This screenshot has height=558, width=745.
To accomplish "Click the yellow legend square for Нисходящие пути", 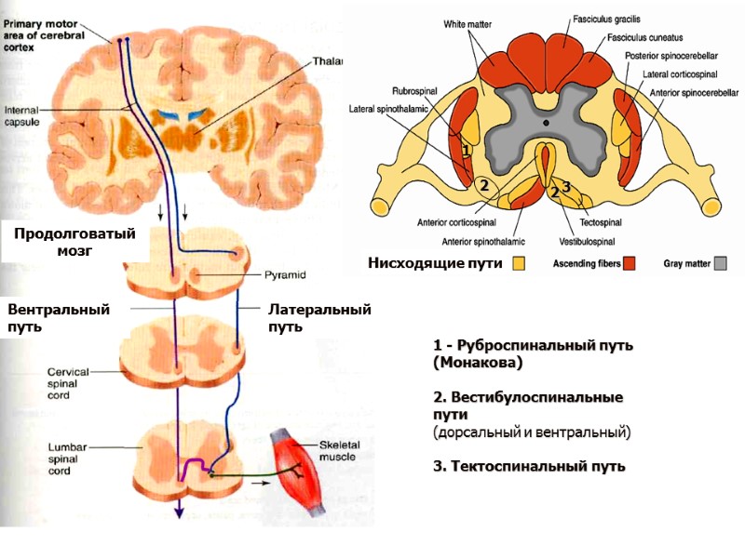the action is click(x=519, y=263).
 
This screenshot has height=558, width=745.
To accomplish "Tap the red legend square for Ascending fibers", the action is click(x=630, y=263).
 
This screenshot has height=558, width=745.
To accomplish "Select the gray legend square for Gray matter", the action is click(x=720, y=263).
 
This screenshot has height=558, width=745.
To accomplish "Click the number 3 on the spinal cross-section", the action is click(x=565, y=186).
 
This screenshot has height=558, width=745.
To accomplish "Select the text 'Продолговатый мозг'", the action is click(x=74, y=242).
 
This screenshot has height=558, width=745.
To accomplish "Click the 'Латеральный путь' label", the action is click(x=319, y=317).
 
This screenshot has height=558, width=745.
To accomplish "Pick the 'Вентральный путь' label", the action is click(x=58, y=317).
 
